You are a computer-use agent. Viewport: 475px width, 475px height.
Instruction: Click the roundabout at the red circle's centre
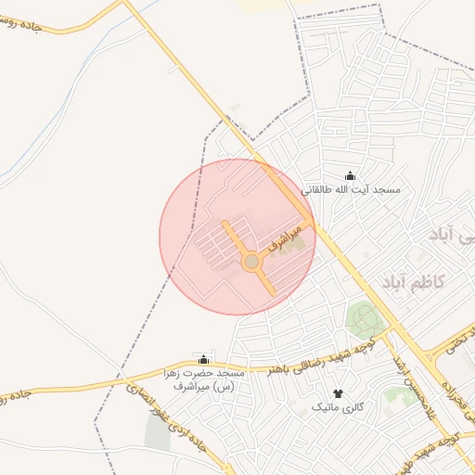(x=250, y=263)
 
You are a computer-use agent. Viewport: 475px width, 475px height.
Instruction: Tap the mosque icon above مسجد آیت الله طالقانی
(x=350, y=175)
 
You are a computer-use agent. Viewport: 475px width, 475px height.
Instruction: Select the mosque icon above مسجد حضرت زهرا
(x=204, y=360)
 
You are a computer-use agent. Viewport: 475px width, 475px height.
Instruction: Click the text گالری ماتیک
(x=338, y=407)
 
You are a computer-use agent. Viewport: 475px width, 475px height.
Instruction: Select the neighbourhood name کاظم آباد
(x=414, y=281)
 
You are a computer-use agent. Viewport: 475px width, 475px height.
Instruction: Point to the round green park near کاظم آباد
(x=366, y=319)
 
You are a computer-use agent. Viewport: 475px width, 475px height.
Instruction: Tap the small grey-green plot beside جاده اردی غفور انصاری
(x=158, y=431)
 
